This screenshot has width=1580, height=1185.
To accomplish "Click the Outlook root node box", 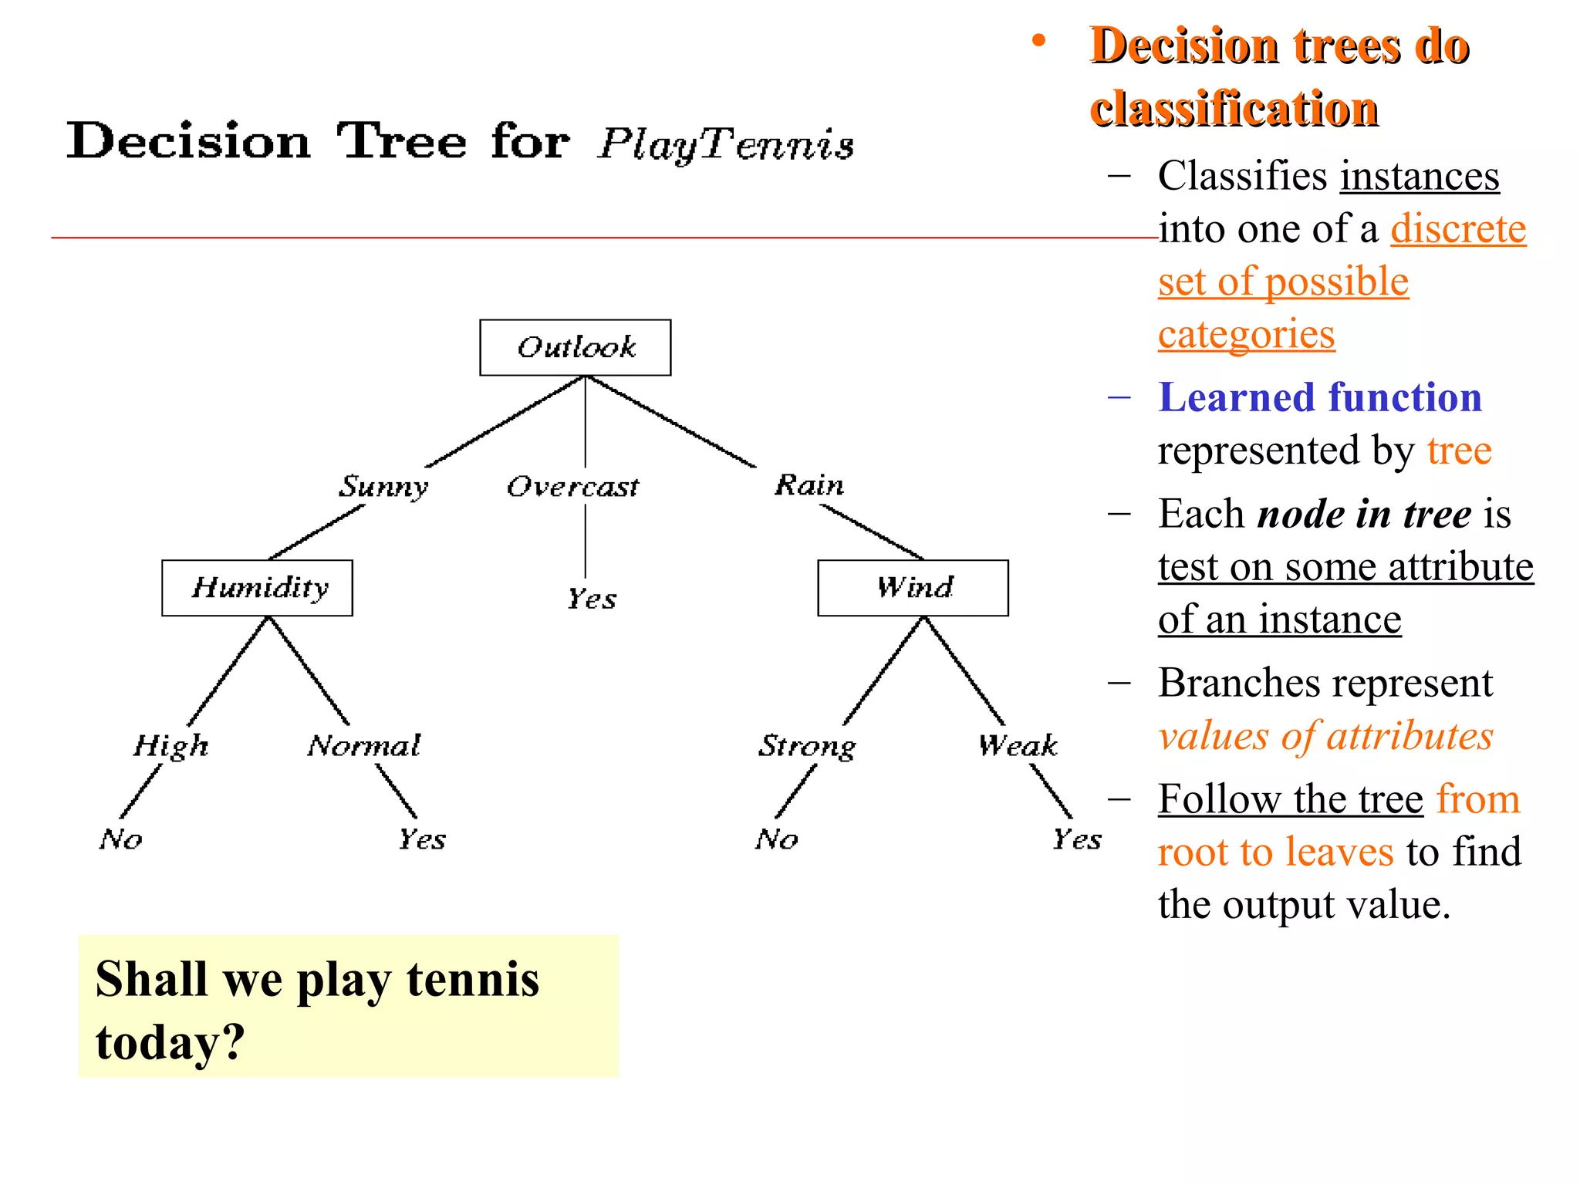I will [x=575, y=347].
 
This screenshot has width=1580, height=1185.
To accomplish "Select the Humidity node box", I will [x=257, y=588].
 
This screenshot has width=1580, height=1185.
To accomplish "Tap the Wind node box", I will [x=913, y=588].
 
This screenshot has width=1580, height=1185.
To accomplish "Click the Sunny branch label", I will [x=383, y=486].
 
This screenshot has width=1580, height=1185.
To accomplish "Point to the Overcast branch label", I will [x=572, y=487].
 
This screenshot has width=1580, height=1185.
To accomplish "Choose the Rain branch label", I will [x=809, y=485].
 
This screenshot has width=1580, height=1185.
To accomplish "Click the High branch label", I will [x=170, y=746].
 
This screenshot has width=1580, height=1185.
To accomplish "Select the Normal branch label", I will [x=363, y=746].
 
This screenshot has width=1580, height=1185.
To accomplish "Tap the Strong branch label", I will [x=806, y=746].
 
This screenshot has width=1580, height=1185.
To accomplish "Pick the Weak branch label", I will [x=1017, y=746].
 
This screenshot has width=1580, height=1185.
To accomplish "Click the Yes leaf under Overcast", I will [x=592, y=599].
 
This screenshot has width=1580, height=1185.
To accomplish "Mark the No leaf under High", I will [x=120, y=839].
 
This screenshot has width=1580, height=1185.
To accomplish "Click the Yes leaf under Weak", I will [x=1077, y=839].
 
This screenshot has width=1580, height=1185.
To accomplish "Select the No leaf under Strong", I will [x=776, y=839].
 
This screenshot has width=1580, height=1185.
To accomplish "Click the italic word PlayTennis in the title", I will [x=725, y=144].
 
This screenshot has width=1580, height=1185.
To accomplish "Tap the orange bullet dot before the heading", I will [x=1039, y=42].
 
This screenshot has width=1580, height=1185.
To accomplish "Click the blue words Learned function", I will [x=1319, y=398].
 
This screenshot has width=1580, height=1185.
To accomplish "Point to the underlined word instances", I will [x=1420, y=176].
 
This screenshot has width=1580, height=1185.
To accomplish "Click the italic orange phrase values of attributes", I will [x=1325, y=736].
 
